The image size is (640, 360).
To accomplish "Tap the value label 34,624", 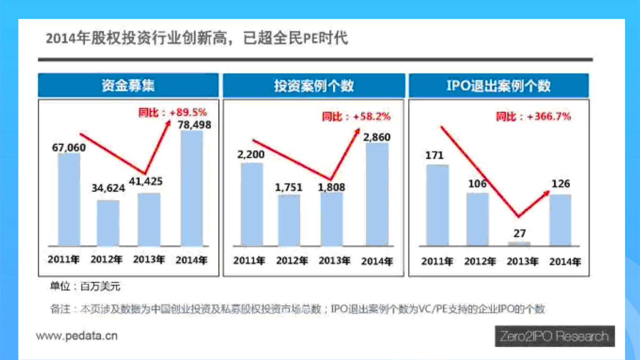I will click(x=108, y=188).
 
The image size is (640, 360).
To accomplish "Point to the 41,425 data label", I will click(x=146, y=181).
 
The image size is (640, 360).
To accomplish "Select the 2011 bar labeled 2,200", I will click(x=252, y=204).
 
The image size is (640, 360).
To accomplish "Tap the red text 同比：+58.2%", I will click(x=356, y=116).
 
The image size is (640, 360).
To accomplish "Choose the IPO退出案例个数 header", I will click(x=499, y=85).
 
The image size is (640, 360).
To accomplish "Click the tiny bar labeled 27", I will click(x=519, y=243).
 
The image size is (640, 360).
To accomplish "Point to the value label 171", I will click(x=435, y=156).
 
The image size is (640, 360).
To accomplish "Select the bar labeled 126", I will click(x=561, y=219).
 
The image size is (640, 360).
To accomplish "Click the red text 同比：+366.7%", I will click(x=533, y=116).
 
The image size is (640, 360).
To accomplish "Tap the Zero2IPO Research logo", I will click(x=555, y=337).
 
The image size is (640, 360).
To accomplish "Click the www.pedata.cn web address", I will click(x=77, y=336).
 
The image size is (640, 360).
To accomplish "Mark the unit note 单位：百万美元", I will click(x=85, y=286).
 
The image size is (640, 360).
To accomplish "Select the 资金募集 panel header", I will click(x=128, y=85).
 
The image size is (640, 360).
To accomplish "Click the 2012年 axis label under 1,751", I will click(x=292, y=261).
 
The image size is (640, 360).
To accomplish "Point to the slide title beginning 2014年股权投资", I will click(x=197, y=39).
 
